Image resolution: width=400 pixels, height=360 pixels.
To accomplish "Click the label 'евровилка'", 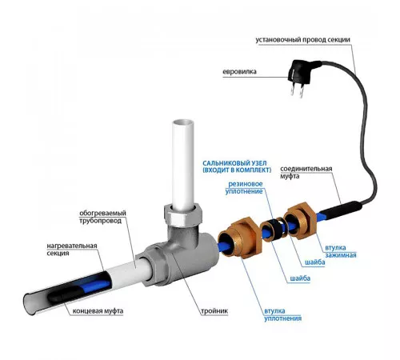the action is click(x=239, y=72).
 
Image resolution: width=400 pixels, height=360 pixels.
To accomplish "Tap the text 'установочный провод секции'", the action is click(x=302, y=40).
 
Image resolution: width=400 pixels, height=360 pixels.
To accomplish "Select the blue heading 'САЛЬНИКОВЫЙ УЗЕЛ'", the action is click(x=234, y=163).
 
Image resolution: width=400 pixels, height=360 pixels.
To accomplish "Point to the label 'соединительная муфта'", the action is click(x=306, y=172).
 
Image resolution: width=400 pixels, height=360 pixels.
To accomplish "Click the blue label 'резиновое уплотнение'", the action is click(x=244, y=187).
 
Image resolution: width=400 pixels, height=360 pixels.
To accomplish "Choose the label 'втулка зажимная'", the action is click(x=341, y=251).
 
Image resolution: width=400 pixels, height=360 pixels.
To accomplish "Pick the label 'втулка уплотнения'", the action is click(x=282, y=314).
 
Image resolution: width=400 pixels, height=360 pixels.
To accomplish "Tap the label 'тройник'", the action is click(x=214, y=311).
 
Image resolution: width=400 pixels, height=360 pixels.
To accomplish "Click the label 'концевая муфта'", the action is click(x=98, y=311).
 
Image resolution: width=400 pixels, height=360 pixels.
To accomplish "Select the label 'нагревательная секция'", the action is click(x=72, y=250).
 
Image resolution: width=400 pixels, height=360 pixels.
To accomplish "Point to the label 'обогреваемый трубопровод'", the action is click(x=102, y=217).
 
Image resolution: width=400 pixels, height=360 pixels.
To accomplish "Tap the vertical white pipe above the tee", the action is click(x=183, y=164).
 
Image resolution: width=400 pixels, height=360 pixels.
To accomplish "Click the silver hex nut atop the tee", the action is click(x=183, y=214).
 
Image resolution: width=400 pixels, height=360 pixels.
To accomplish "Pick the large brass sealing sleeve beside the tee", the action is click(x=240, y=238).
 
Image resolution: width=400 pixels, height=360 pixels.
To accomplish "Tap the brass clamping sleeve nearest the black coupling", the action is click(x=300, y=219).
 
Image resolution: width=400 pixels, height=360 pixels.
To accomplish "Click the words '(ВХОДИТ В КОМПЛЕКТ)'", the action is click(x=237, y=170).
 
